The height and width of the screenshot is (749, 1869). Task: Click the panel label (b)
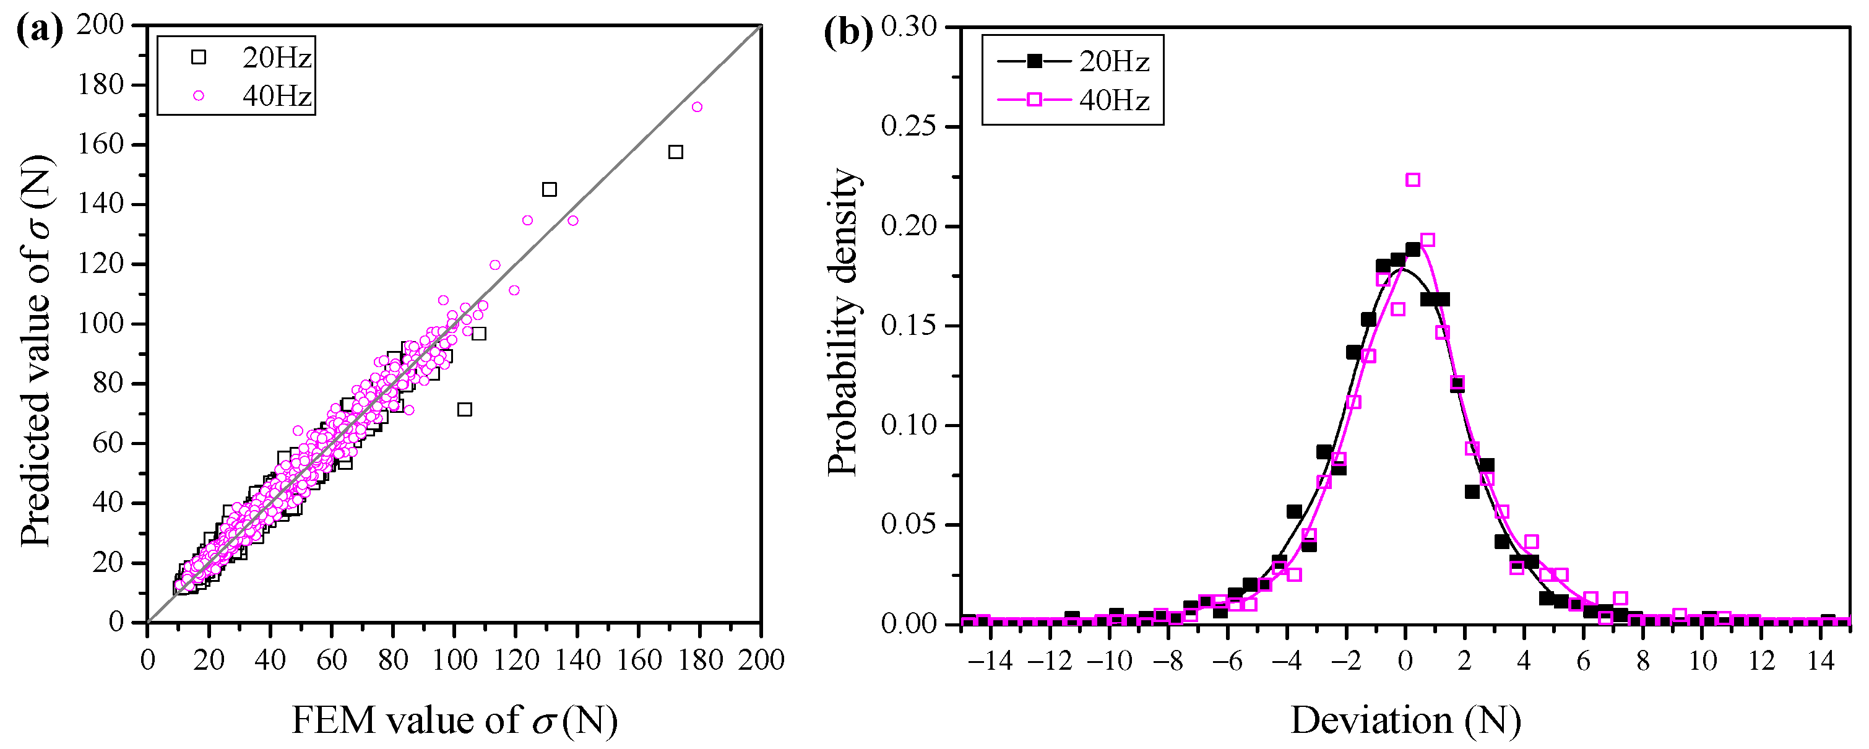tap(849, 32)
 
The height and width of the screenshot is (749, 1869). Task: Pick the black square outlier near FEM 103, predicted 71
tap(464, 409)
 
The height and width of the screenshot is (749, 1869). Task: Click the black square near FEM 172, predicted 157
tap(675, 152)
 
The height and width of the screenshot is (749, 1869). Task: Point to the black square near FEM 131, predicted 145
tap(549, 189)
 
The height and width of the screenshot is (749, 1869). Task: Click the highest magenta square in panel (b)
tap(1413, 180)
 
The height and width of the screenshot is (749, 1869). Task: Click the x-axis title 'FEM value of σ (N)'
tap(455, 720)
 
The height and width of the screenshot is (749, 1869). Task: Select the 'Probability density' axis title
tap(843, 323)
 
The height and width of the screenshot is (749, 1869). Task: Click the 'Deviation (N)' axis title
tap(1405, 720)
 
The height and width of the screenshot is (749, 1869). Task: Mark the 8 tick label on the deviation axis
tap(1642, 661)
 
